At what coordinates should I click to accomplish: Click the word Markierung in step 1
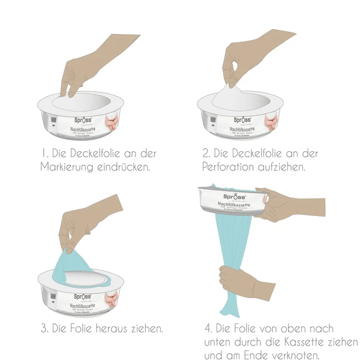pyautogui.click(x=68, y=166)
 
